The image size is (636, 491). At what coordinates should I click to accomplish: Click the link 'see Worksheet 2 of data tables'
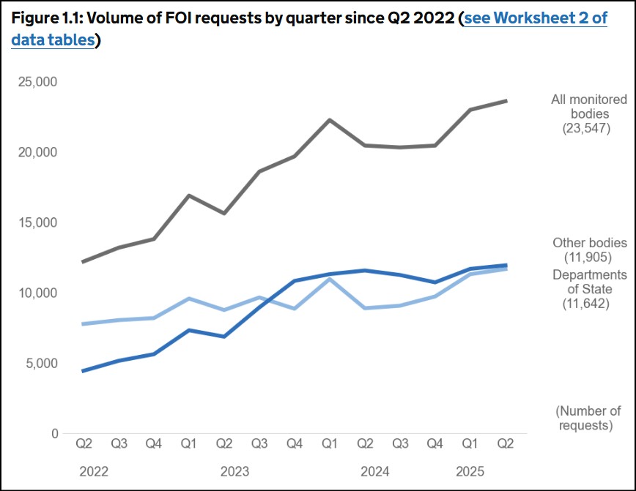pos(534,18)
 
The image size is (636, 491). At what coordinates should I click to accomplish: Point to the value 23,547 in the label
pos(586,129)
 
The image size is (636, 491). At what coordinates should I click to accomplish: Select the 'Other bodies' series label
pos(590,243)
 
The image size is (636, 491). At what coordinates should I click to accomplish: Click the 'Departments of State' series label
pos(590,282)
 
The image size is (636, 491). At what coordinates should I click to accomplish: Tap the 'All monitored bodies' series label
pos(589,107)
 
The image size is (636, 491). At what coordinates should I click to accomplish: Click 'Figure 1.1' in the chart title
pos(48,18)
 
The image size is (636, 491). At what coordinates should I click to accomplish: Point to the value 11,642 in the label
pos(586,303)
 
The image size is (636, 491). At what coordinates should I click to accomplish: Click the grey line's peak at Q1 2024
pos(330,119)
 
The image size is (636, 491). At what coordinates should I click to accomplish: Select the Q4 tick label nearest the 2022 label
pos(154,443)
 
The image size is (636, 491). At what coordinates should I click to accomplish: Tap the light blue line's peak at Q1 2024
pos(330,279)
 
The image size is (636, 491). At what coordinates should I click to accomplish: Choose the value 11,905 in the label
pos(586,258)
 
